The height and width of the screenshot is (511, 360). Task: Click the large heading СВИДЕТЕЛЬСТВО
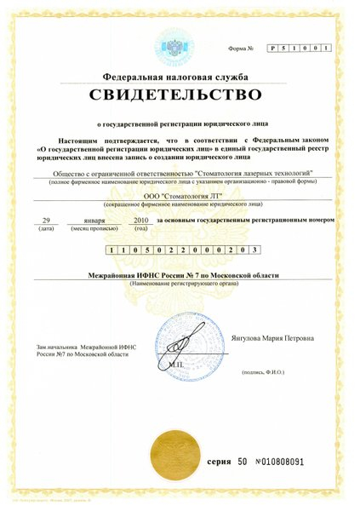(x=180, y=94)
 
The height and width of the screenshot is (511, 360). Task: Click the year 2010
(x=142, y=220)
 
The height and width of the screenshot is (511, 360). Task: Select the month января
(x=92, y=220)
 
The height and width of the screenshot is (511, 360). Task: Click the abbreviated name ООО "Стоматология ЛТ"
(x=180, y=197)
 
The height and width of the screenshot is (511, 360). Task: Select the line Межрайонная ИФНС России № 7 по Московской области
(x=180, y=276)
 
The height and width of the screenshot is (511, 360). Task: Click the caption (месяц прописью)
(x=93, y=229)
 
